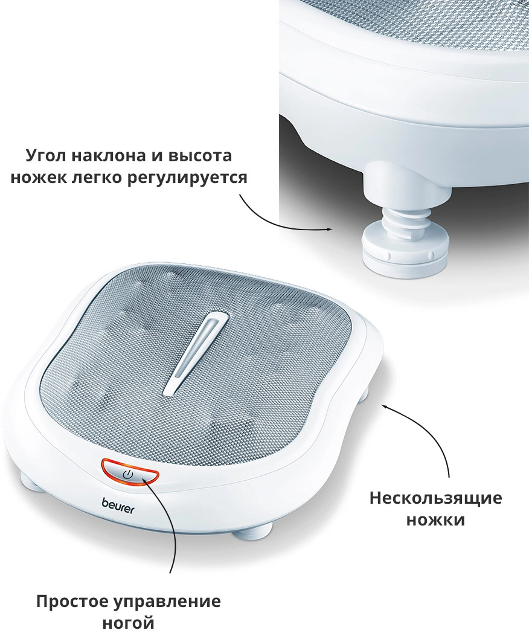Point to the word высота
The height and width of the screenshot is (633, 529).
[x=200, y=156]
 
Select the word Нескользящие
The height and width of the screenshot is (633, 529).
[x=436, y=498]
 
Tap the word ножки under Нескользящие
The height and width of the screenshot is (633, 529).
[x=436, y=520]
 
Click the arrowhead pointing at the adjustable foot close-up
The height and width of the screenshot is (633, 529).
[x=329, y=230]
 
